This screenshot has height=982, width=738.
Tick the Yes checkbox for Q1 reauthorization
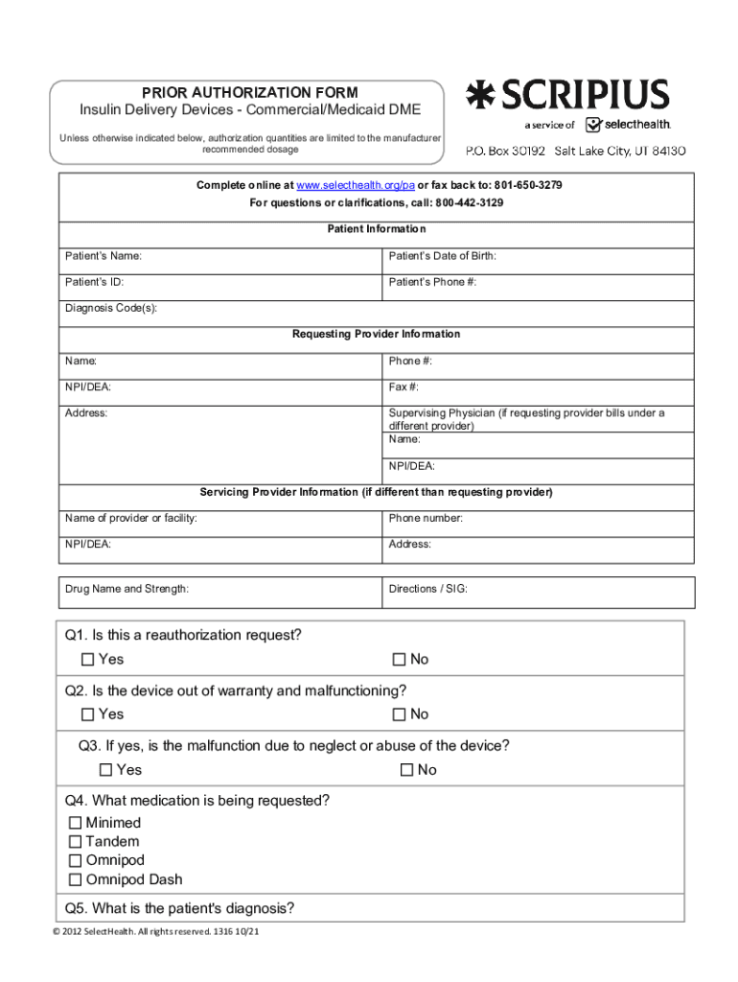point(88,660)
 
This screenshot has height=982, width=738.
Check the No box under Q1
point(400,660)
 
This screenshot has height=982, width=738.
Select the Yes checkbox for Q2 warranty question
point(88,714)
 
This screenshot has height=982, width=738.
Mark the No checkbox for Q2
point(400,714)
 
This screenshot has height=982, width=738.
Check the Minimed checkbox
point(76,823)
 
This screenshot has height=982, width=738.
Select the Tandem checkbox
point(76,842)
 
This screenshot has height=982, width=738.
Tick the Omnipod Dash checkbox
point(76,879)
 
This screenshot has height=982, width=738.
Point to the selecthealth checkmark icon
point(593,125)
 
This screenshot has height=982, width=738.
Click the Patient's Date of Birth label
point(442,256)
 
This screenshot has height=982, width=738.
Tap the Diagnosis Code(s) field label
point(111,308)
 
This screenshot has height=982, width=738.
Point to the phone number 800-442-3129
point(470,203)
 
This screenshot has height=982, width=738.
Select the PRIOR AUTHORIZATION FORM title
point(250,93)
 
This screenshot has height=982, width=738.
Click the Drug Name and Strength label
point(127,588)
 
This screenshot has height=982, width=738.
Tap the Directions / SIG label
point(427,588)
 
